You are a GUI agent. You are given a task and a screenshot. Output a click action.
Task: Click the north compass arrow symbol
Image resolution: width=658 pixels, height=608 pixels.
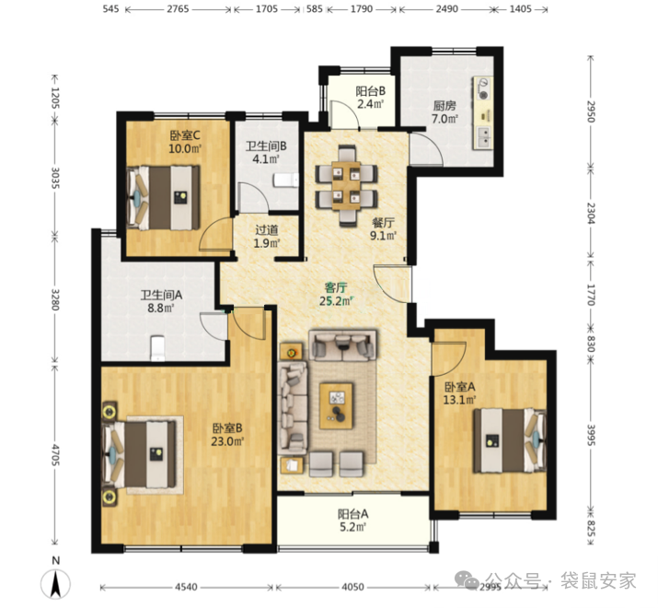(x=55, y=584)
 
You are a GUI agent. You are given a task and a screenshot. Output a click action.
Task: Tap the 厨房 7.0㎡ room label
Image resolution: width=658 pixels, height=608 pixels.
(x=444, y=111)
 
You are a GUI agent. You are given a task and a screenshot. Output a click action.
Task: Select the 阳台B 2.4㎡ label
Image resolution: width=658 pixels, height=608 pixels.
(x=371, y=97)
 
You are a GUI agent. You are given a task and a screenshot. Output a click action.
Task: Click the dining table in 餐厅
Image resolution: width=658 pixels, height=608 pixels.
(x=346, y=185)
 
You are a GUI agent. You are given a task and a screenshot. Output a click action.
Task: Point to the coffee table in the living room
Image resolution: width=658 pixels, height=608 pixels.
(x=336, y=405)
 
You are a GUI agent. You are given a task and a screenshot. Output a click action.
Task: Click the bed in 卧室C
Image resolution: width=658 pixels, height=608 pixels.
(x=163, y=197)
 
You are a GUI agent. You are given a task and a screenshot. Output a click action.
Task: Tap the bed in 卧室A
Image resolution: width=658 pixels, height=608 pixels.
(x=510, y=440)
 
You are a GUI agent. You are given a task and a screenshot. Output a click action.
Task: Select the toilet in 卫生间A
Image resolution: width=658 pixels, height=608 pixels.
(x=157, y=347)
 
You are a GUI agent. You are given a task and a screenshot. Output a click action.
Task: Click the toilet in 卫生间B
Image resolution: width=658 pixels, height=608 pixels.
(x=286, y=181)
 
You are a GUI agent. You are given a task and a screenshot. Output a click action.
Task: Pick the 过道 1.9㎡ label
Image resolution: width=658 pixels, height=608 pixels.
(x=267, y=236)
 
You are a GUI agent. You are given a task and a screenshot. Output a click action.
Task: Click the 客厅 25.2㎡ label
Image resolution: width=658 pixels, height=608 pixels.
(x=336, y=294)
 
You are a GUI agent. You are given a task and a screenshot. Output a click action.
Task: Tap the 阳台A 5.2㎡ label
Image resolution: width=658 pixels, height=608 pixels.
(x=352, y=520)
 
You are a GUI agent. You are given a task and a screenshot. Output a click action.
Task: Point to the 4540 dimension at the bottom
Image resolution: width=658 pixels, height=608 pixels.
(x=186, y=587)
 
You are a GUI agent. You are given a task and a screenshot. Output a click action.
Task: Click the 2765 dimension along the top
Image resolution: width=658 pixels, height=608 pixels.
(x=178, y=9)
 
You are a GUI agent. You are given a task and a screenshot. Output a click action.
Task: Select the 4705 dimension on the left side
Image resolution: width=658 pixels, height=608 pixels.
(x=55, y=454)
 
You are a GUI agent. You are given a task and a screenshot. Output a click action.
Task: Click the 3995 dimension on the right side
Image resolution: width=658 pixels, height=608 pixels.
(x=591, y=436)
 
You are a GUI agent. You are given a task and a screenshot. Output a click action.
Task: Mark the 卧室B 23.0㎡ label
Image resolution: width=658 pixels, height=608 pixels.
(x=228, y=435)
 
